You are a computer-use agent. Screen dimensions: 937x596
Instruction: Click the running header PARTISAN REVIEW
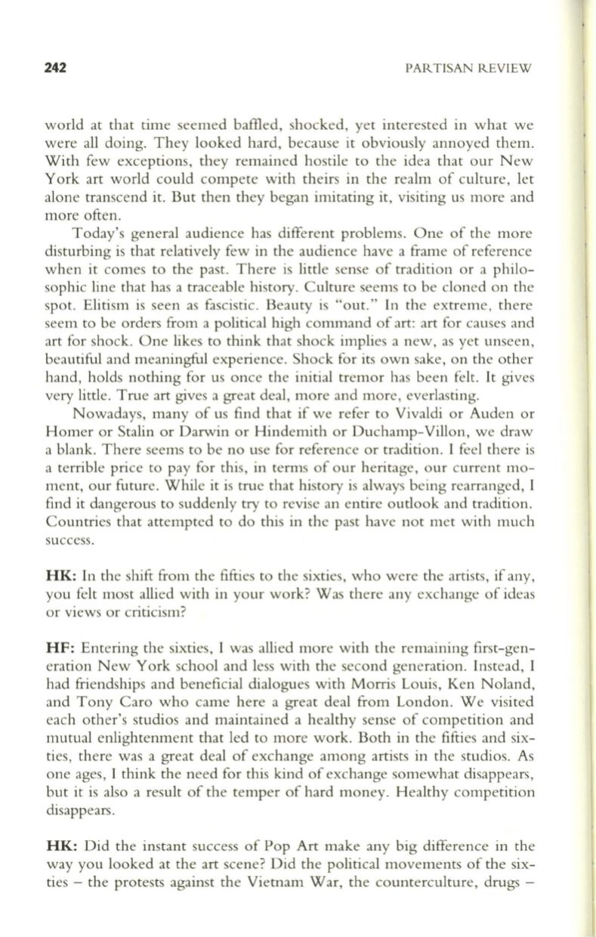[468, 68]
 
